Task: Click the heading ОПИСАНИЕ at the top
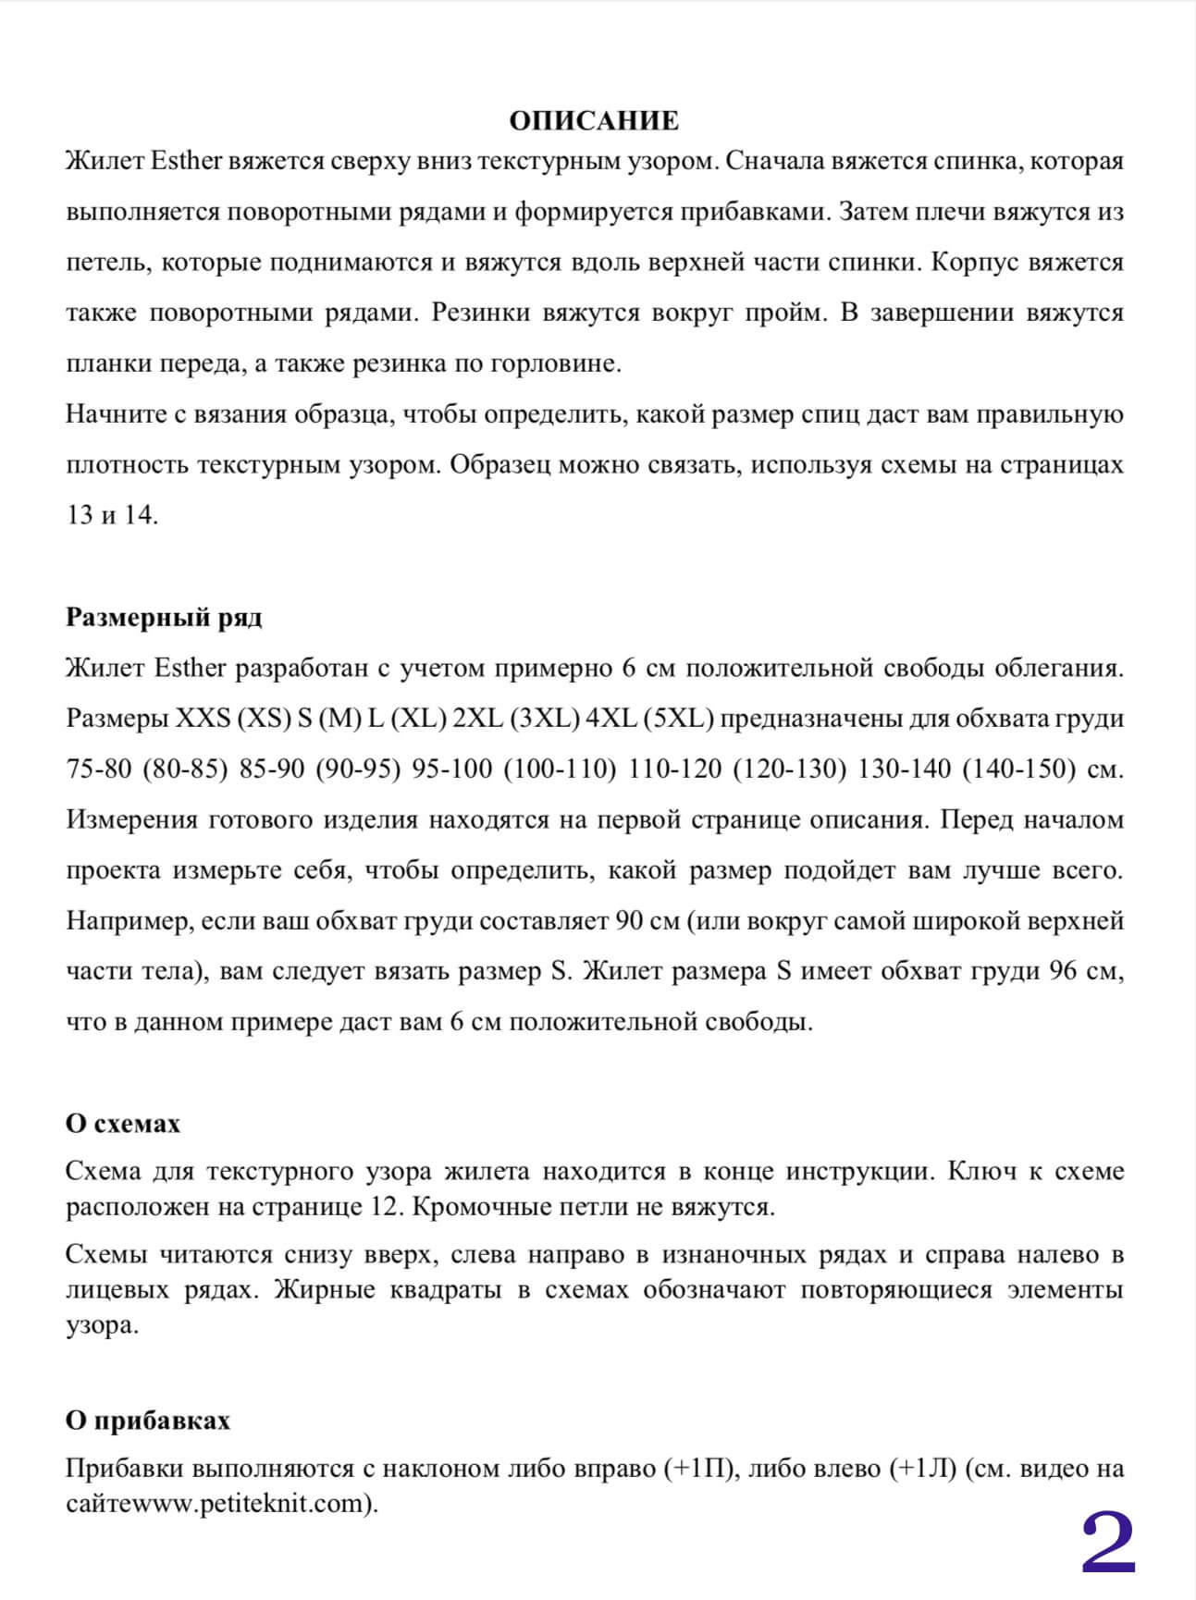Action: click(x=594, y=121)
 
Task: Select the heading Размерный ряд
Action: click(x=164, y=618)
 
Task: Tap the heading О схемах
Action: click(x=123, y=1124)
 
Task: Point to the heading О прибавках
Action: click(x=148, y=1421)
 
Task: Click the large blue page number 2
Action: click(x=1108, y=1544)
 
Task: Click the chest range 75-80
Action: click(x=99, y=769)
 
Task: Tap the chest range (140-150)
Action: click(x=1018, y=769)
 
